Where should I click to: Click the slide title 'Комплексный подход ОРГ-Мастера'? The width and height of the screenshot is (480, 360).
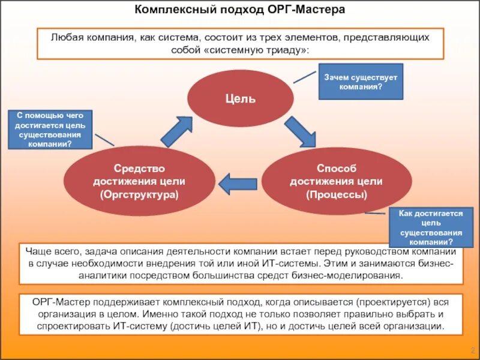[239, 10]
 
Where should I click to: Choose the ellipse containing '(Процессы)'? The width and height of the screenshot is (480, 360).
[336, 181]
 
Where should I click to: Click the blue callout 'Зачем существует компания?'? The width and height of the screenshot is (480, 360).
[360, 82]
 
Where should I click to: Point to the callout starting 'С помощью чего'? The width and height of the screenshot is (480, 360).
[50, 129]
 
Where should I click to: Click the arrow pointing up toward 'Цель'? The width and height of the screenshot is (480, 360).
[178, 131]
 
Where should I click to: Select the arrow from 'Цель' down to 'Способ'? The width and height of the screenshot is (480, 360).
[299, 131]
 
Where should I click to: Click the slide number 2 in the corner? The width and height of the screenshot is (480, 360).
[472, 350]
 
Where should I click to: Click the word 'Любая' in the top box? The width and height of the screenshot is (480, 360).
[65, 37]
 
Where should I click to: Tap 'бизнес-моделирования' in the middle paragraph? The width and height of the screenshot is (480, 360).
[353, 275]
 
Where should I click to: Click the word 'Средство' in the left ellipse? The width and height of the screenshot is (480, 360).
[140, 169]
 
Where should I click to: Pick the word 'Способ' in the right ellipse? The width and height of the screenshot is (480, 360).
[336, 169]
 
